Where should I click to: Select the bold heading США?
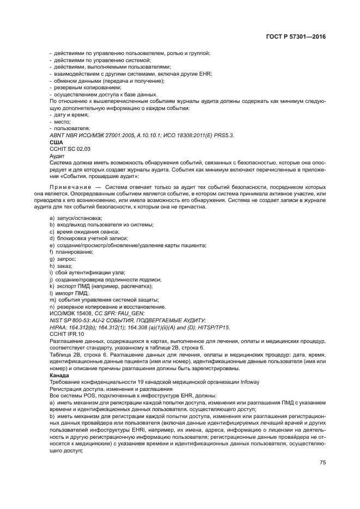coord(56,142)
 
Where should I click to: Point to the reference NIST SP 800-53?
coord(71,321)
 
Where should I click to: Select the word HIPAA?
coord(58,328)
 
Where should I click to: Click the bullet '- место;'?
coord(60,121)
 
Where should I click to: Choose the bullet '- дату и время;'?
coord(69,115)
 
